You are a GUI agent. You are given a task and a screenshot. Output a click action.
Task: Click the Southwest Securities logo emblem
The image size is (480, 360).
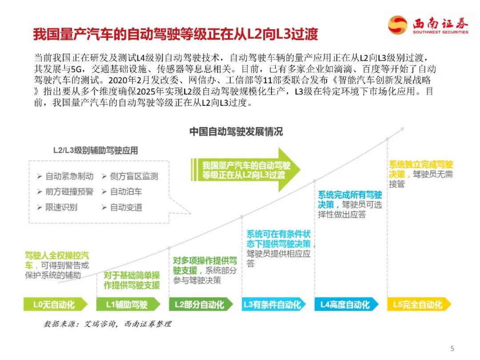click(x=397, y=25)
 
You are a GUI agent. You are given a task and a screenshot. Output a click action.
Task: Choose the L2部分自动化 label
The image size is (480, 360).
click(x=200, y=304)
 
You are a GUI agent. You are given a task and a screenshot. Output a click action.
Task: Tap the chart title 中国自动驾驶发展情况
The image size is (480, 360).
click(x=236, y=132)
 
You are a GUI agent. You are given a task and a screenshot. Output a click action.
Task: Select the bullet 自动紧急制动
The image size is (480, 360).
click(x=69, y=176)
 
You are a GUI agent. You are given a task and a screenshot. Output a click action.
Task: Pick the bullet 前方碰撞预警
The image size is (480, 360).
click(x=69, y=192)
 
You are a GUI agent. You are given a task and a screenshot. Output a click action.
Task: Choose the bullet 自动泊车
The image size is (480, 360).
click(x=126, y=192)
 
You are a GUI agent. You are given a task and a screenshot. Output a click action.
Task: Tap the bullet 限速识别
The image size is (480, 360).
click(x=61, y=208)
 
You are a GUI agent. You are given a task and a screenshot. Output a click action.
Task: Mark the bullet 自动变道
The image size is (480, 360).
click(x=126, y=208)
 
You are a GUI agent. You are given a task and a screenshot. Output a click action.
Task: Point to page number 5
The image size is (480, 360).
click(x=452, y=348)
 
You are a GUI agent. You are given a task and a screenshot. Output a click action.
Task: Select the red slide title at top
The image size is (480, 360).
click(x=176, y=35)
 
